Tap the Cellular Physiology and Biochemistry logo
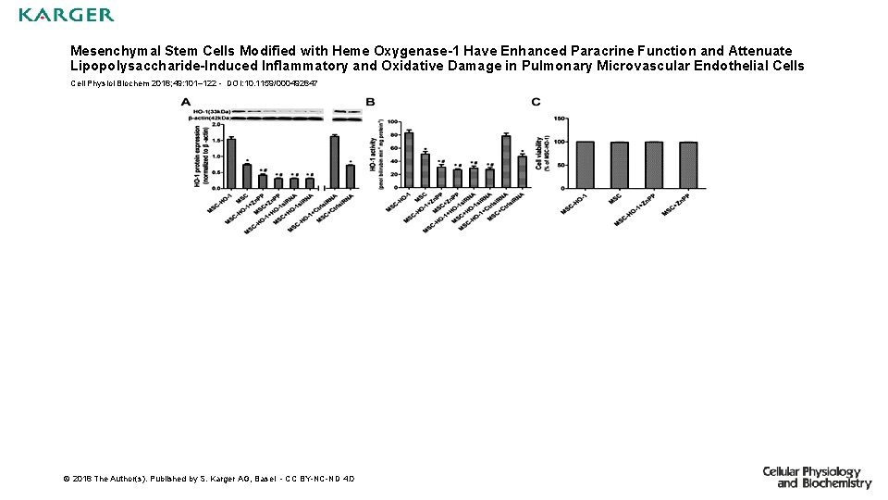pyautogui.click(x=817, y=477)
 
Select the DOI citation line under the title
pyautogui.click(x=194, y=83)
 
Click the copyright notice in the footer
pyautogui.click(x=208, y=479)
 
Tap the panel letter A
pyautogui.click(x=186, y=101)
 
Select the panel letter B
pyautogui.click(x=371, y=101)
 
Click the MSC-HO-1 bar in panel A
pyautogui.click(x=231, y=163)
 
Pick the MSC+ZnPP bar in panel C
pyautogui.click(x=686, y=165)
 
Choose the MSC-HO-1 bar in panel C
pyautogui.click(x=584, y=165)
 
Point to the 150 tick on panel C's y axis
pyautogui.click(x=560, y=119)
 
